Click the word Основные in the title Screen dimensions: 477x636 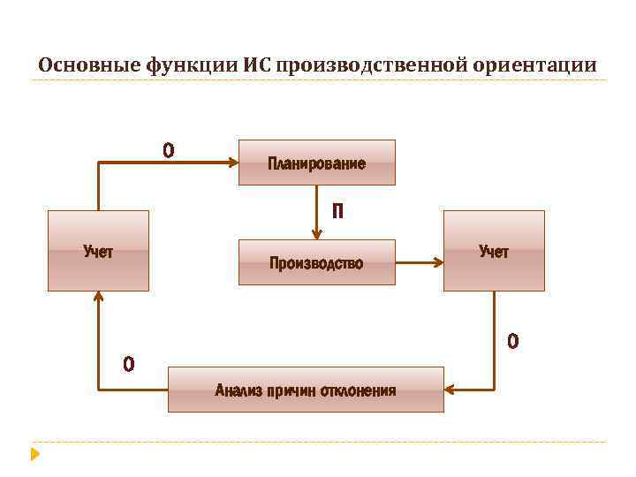click(82, 65)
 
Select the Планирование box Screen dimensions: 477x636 click(316, 163)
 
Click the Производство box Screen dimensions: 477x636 click(316, 261)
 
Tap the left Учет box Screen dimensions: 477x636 click(98, 252)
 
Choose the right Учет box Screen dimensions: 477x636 click(494, 252)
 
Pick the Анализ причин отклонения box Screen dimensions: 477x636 click(306, 390)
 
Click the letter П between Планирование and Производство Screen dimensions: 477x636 click(337, 212)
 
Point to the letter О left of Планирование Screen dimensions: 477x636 click(168, 151)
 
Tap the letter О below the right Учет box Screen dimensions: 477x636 click(513, 340)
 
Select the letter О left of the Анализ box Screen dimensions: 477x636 click(129, 363)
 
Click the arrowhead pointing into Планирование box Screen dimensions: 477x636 click(233, 163)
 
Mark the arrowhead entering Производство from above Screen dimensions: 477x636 click(317, 233)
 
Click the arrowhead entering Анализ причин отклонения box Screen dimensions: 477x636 click(450, 389)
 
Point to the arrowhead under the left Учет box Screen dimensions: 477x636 click(98, 298)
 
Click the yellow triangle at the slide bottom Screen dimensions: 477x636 click(34, 454)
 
